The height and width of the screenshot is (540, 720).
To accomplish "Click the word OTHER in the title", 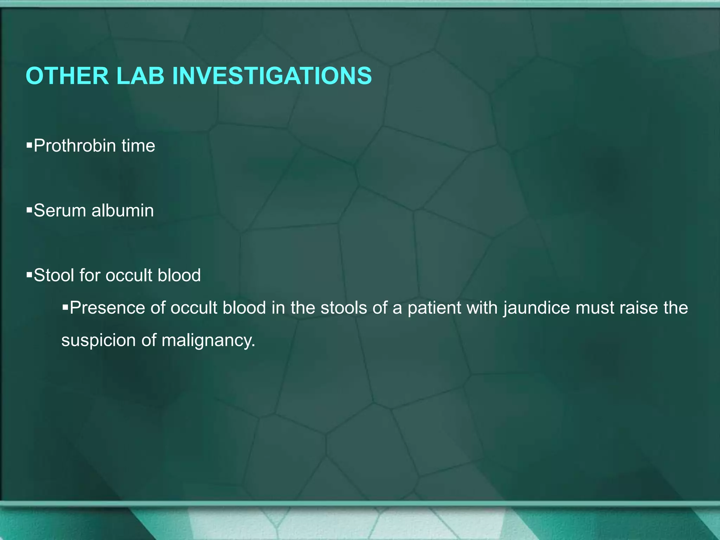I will [67, 76].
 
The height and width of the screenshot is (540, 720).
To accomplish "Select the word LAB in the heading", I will [140, 76].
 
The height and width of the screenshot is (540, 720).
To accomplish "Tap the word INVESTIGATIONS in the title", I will [272, 76].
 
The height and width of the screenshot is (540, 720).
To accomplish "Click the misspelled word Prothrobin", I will [75, 146].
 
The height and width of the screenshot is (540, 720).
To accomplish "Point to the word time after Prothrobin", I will [138, 146].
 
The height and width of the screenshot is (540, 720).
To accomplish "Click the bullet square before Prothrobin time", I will [29, 144].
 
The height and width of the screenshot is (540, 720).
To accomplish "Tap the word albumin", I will [123, 211].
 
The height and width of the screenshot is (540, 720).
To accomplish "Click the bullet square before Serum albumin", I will [29, 210].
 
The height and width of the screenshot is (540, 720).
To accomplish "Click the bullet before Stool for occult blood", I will [29, 274].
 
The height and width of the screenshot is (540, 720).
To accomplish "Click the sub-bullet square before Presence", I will [65, 307].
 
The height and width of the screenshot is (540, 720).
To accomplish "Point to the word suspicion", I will [98, 340].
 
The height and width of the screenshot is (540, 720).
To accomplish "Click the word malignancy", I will [208, 340].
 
